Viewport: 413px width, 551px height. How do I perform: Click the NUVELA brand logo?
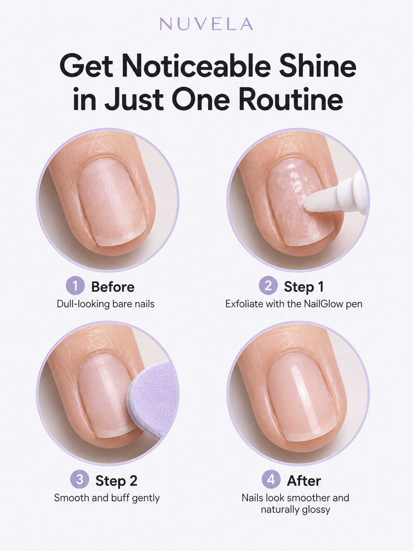pyautogui.click(x=206, y=24)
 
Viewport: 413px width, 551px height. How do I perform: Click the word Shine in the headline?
pyautogui.click(x=318, y=66)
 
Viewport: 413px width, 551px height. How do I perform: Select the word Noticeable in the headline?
pyautogui.click(x=197, y=66)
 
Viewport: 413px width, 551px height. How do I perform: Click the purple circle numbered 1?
pyautogui.click(x=75, y=285)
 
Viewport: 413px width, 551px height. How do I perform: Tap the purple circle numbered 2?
pyautogui.click(x=268, y=285)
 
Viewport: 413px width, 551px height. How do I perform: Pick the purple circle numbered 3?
pyautogui.click(x=79, y=479)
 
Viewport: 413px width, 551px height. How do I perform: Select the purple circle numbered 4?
pyautogui.click(x=271, y=479)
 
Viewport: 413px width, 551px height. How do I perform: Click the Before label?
pyautogui.click(x=113, y=287)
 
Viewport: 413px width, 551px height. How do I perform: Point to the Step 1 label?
pyautogui.click(x=304, y=287)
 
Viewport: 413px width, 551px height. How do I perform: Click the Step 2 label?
pyautogui.click(x=116, y=481)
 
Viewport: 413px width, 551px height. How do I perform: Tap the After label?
pyautogui.click(x=304, y=481)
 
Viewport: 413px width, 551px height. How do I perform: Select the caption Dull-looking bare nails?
pyautogui.click(x=106, y=304)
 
